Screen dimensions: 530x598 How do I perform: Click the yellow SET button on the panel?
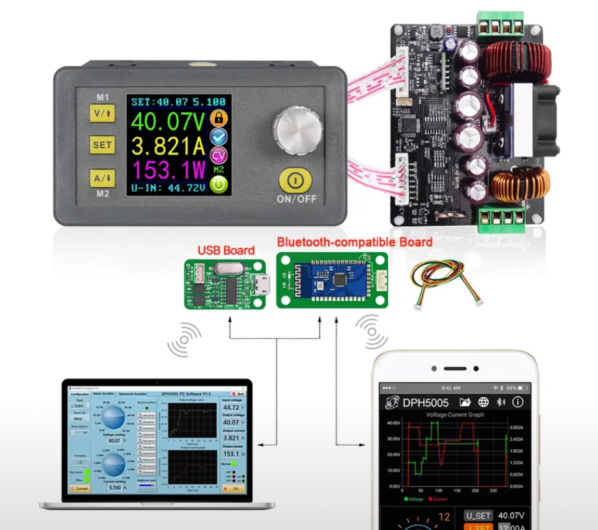point(102,145)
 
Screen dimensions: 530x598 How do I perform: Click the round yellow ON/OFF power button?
point(295,179)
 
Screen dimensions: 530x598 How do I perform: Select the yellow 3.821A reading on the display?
point(168,147)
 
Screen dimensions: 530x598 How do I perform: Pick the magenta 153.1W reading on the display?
point(168,169)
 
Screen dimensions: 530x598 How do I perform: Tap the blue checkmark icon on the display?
point(219,136)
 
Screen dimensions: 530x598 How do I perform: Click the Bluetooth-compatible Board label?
point(354,242)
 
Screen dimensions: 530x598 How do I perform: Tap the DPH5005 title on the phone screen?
point(425,403)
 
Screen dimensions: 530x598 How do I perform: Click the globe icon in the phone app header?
point(484,402)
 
